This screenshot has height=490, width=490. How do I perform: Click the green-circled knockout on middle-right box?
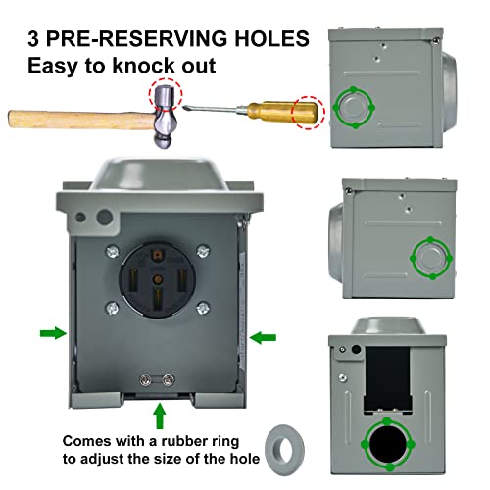[429, 257]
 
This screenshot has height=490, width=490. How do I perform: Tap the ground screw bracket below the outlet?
[158, 380]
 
